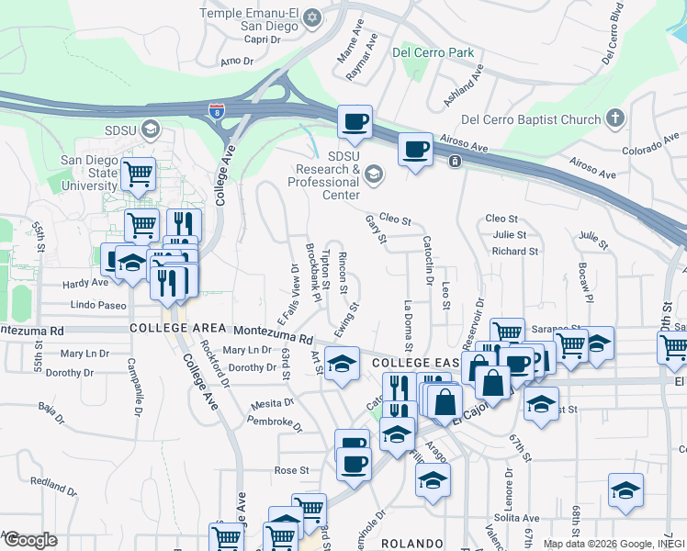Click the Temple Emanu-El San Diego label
251,19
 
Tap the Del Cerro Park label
433,52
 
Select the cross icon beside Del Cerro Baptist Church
615,119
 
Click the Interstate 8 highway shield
216,112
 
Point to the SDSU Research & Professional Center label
322,169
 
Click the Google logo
29,539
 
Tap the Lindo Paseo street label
98,304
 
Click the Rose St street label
291,470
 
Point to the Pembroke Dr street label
275,422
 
